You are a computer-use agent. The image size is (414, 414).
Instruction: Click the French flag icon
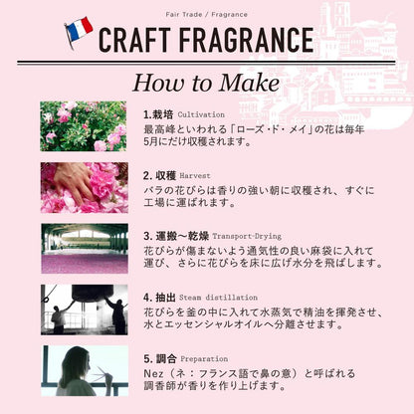tap(79, 32)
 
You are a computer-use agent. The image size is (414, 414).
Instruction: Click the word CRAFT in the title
tap(134, 40)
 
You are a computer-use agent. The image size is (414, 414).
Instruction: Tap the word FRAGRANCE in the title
tap(247, 40)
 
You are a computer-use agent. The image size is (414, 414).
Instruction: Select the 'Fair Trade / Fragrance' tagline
tap(206, 15)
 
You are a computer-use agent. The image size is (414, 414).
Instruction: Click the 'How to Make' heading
tap(206, 83)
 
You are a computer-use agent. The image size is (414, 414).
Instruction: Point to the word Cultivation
tap(201, 114)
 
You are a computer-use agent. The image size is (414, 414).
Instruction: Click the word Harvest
tap(195, 176)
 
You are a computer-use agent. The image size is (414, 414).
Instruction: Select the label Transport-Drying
tap(247, 237)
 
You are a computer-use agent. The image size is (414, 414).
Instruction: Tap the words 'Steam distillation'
tap(218, 298)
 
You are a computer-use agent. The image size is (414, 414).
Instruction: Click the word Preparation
tap(204, 359)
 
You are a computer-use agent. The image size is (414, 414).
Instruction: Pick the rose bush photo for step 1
tap(84, 126)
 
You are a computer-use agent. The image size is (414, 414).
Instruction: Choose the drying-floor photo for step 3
tap(85, 249)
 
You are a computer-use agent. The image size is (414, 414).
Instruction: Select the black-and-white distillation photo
tap(85, 310)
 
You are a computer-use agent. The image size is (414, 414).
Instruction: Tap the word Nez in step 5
tap(153, 374)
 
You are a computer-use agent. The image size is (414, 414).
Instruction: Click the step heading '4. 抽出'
tap(159, 298)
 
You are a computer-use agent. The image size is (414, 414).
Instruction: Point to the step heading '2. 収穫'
tap(159, 176)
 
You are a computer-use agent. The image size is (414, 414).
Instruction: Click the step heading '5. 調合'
tap(160, 358)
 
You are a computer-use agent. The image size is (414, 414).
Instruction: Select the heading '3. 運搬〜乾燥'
tap(176, 237)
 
